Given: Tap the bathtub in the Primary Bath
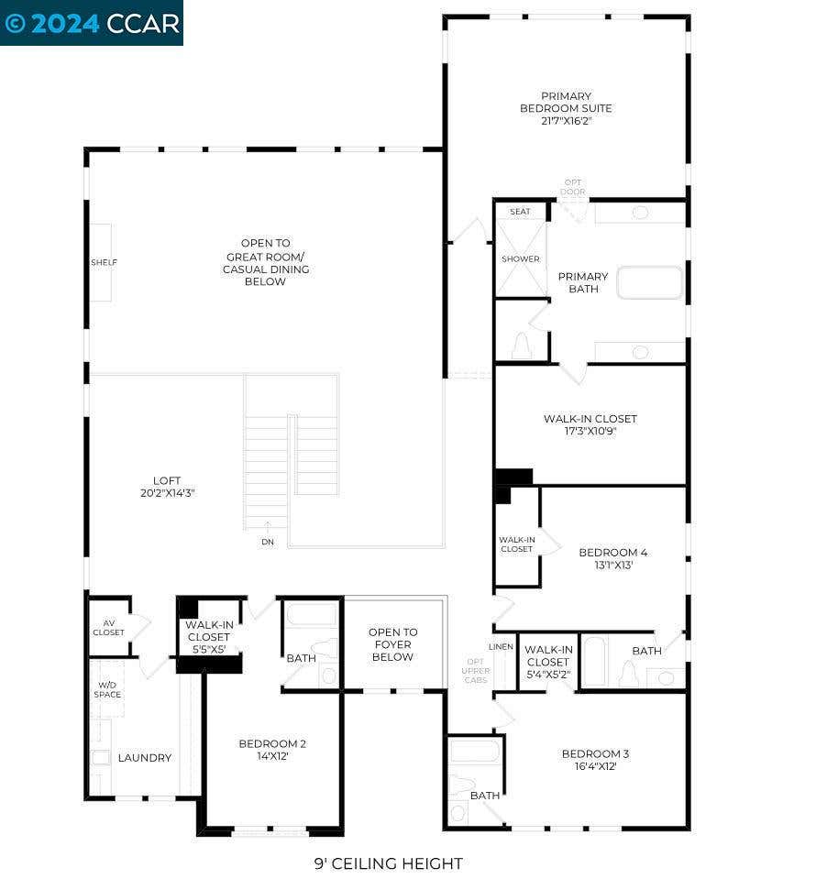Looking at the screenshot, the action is pyautogui.click(x=649, y=282).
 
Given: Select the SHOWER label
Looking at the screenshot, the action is pyautogui.click(x=521, y=258).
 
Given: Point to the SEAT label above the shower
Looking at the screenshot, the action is pyautogui.click(x=520, y=212).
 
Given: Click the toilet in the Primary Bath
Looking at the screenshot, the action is pyautogui.click(x=521, y=346).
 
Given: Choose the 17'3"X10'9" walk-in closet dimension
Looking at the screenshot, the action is pyautogui.click(x=590, y=432).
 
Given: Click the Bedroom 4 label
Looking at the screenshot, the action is pyautogui.click(x=613, y=553).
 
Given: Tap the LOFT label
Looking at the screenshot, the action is pyautogui.click(x=167, y=481).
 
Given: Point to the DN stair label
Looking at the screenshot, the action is pyautogui.click(x=268, y=542).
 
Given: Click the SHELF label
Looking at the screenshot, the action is pyautogui.click(x=104, y=262).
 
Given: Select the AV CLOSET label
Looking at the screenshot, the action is pyautogui.click(x=108, y=628).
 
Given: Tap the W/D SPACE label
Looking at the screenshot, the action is pyautogui.click(x=107, y=689).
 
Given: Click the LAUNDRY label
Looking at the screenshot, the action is pyautogui.click(x=145, y=758).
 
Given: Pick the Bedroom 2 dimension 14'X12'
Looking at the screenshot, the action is pyautogui.click(x=273, y=756).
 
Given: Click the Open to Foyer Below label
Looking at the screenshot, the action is pyautogui.click(x=392, y=644).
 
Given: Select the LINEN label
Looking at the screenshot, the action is pyautogui.click(x=501, y=646).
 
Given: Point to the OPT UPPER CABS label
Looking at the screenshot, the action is pyautogui.click(x=476, y=671).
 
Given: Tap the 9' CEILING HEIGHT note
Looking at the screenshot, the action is pyautogui.click(x=388, y=864).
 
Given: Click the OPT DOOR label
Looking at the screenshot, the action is pyautogui.click(x=573, y=187).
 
